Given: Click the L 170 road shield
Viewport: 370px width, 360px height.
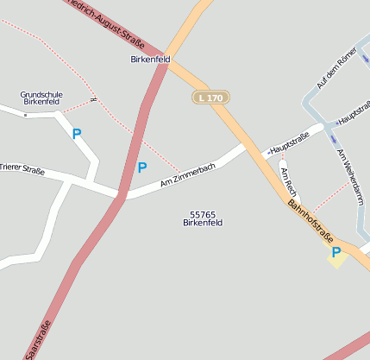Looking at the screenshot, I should coord(210,98).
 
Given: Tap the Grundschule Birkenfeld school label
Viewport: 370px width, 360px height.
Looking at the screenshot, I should coord(41,98).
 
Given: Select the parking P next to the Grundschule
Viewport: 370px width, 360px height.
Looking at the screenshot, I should coord(77,134).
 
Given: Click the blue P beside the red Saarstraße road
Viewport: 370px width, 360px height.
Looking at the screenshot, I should coord(142,167).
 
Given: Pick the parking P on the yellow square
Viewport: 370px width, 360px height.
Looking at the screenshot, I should coord(336,252).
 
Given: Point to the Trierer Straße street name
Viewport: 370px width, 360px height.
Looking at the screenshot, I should coord(22,169).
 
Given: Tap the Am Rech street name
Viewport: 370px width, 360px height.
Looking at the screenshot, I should coord(289,180).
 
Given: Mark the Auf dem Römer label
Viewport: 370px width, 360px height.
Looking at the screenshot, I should coord(336,69).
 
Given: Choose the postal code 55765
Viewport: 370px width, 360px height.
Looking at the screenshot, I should coord(203,214).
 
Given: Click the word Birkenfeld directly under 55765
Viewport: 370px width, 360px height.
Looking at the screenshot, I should coord(203,223).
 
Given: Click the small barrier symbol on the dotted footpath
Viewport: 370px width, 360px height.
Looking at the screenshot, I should coord(93,98).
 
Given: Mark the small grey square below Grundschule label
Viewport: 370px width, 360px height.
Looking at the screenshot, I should coord(27,114).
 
